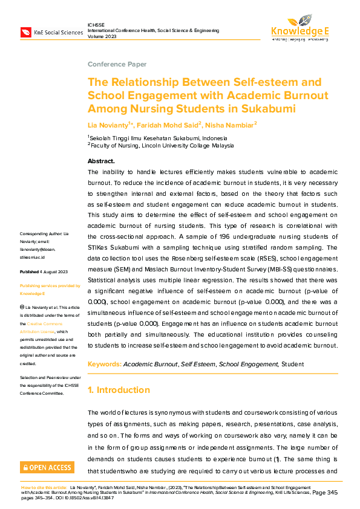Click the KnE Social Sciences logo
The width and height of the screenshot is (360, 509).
coord(51,32)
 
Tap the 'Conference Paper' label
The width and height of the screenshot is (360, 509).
coord(117,64)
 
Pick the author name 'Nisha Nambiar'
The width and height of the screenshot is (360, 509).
coord(231,125)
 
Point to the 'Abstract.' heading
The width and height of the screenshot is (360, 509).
coord(101,161)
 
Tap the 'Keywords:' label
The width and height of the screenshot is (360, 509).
coord(104,365)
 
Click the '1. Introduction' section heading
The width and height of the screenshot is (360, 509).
coord(123,390)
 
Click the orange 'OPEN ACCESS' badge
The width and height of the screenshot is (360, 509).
coord(47,467)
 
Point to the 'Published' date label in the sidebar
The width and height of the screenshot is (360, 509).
coord(30,272)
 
